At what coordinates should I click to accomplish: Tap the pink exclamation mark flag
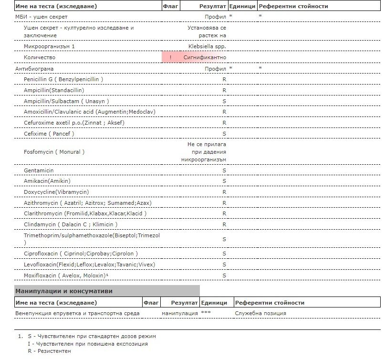(170, 57)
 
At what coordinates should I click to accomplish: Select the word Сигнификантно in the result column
(205, 57)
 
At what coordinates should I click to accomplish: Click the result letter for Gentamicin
(224, 170)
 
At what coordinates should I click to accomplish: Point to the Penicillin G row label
(63, 79)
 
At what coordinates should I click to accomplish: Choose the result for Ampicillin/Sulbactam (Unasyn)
(224, 101)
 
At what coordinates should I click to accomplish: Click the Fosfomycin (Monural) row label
(54, 152)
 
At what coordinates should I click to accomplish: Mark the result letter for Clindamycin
(224, 224)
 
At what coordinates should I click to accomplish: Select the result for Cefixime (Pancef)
(224, 134)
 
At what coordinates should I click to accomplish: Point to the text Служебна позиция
(260, 313)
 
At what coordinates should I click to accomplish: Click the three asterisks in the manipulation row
(206, 313)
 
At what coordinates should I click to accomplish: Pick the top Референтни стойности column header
(293, 7)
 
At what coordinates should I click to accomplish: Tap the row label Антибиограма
(34, 69)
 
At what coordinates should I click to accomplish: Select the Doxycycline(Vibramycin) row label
(56, 192)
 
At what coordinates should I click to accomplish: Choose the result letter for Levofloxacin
(224, 265)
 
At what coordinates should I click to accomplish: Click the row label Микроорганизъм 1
(49, 46)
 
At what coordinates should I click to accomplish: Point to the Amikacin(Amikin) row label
(47, 181)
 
